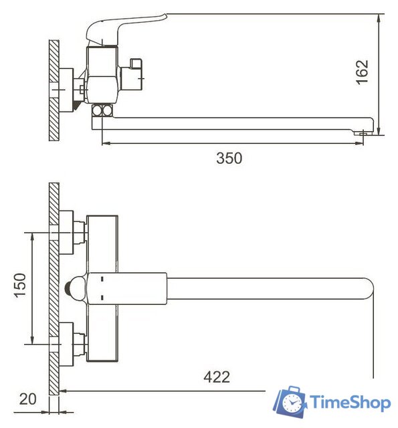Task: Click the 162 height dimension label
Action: point(361,73)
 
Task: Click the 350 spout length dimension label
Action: point(229,158)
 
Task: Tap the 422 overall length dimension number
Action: point(216,377)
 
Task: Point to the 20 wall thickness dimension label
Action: point(27,399)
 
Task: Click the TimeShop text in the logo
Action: point(349,403)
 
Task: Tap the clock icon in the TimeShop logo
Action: point(292,403)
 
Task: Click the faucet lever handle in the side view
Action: point(127,27)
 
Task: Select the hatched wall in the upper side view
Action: point(54,90)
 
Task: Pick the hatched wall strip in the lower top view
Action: point(54,288)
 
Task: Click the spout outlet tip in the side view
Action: point(363,132)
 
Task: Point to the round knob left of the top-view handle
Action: point(71,289)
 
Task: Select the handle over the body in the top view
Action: point(127,288)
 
